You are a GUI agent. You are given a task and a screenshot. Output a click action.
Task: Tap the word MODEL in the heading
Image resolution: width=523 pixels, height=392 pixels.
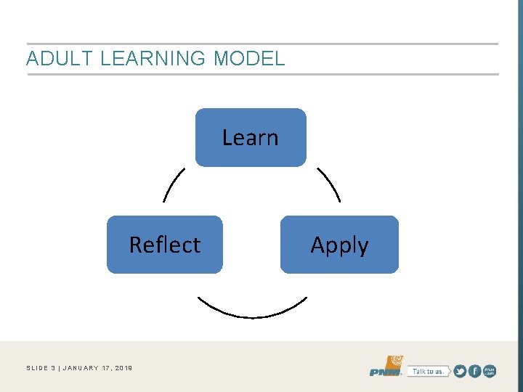(x=249, y=59)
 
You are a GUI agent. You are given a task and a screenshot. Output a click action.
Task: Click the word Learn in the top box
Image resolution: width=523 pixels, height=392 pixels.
(x=250, y=137)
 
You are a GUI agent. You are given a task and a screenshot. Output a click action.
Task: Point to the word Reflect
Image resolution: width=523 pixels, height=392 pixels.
(x=165, y=245)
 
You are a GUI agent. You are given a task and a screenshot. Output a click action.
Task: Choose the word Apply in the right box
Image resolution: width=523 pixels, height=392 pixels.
(x=339, y=245)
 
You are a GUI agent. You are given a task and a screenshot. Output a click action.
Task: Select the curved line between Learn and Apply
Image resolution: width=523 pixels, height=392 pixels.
(x=329, y=184)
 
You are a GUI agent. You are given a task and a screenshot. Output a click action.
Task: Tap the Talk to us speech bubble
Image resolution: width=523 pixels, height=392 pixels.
(x=428, y=371)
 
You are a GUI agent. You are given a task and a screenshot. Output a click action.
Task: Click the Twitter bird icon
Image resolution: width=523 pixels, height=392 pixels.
(x=459, y=371)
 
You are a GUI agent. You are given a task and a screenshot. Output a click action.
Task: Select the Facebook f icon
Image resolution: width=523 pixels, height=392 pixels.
(x=474, y=371)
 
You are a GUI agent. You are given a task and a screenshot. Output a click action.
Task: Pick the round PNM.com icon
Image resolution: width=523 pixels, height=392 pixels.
(x=490, y=371)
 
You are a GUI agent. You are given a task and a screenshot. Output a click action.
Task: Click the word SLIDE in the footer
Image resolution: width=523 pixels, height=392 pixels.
(x=37, y=368)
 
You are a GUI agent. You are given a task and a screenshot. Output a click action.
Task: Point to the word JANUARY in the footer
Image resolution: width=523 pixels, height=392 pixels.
(x=84, y=368)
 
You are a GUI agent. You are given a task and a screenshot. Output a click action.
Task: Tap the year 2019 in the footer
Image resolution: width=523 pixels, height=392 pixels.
(x=123, y=368)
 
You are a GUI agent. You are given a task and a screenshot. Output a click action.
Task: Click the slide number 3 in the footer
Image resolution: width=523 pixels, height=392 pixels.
(x=54, y=368)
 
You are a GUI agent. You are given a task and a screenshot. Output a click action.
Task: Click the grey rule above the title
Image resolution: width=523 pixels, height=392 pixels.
(x=261, y=44)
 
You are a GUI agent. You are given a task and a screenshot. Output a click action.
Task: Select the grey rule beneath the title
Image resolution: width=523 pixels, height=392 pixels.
(x=261, y=74)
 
